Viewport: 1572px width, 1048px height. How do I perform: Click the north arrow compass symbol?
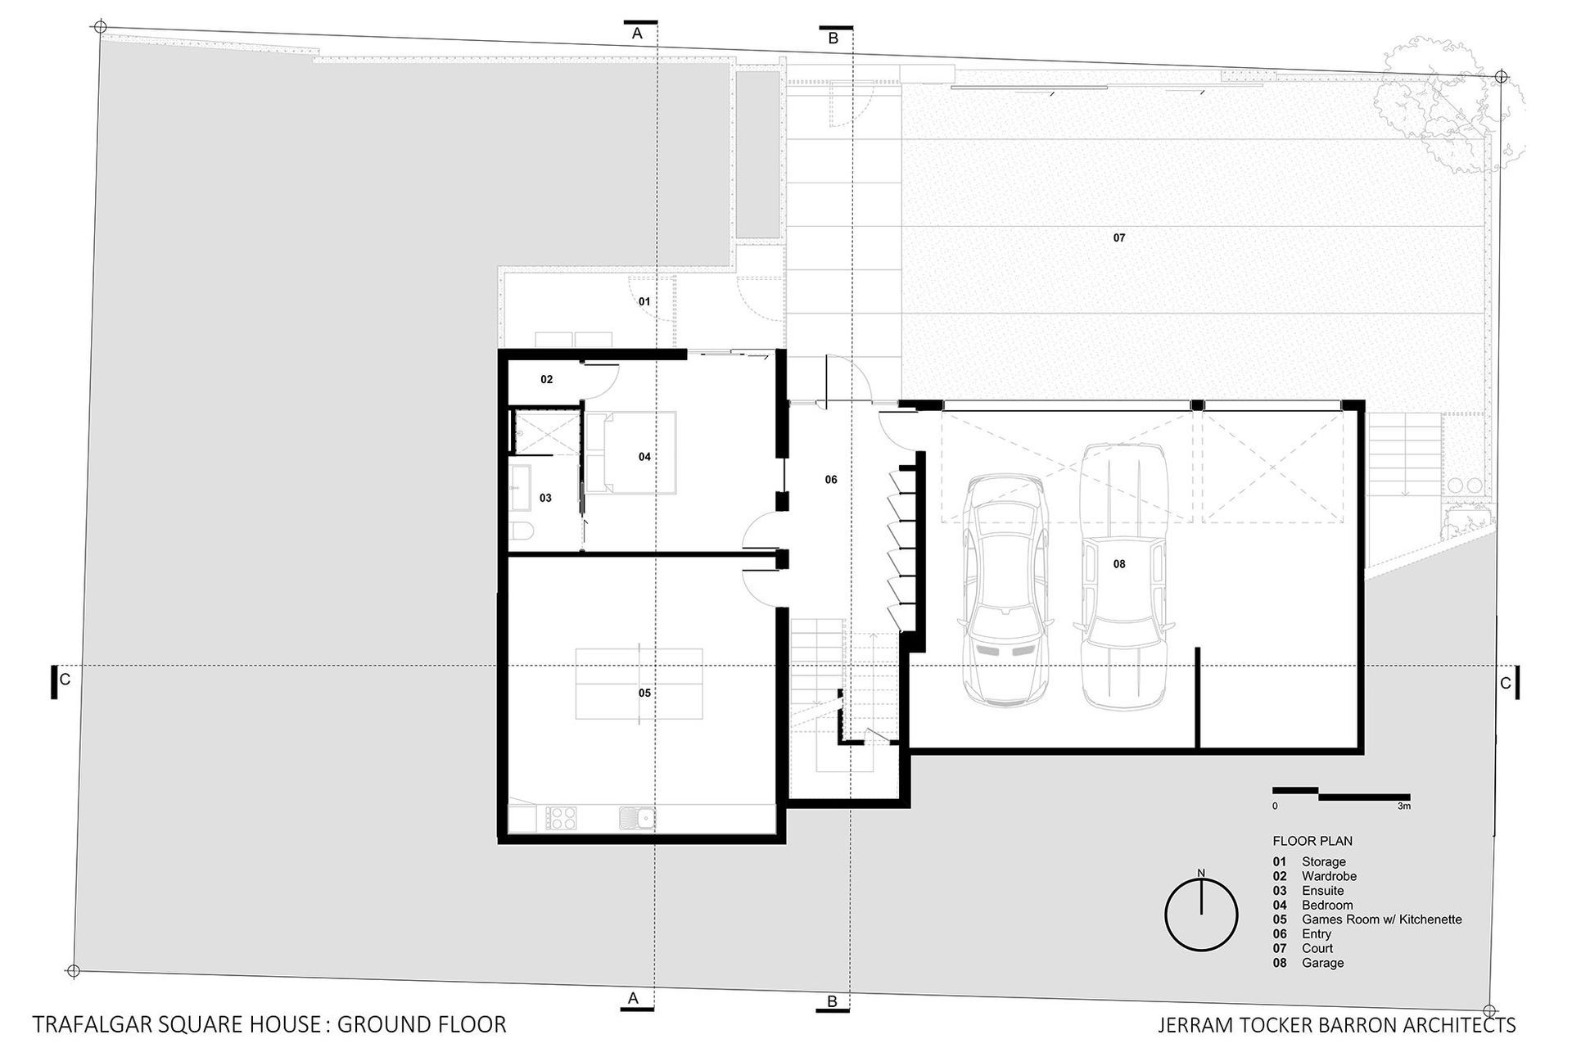1201,915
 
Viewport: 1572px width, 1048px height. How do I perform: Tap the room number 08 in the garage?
1119,564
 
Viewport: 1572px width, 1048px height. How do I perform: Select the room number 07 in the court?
1119,238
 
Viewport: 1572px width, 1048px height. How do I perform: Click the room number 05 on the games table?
644,693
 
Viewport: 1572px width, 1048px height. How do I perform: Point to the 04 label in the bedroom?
644,457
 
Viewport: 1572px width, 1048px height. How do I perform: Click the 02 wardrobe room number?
547,380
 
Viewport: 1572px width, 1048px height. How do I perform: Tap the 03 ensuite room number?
545,498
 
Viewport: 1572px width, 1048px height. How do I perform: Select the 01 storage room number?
644,302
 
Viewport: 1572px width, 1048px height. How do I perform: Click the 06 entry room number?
831,480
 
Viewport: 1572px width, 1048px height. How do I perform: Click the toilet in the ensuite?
522,532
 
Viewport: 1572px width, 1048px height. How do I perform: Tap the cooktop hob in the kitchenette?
560,817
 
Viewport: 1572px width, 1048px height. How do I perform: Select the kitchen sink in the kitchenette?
637,817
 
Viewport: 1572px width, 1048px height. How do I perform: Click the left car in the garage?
1005,589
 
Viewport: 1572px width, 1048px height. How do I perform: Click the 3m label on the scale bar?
1404,806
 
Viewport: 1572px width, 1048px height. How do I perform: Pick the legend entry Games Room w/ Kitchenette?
1381,919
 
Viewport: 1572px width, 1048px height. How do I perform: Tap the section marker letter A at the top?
637,34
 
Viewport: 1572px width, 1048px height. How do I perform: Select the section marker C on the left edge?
65,680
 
